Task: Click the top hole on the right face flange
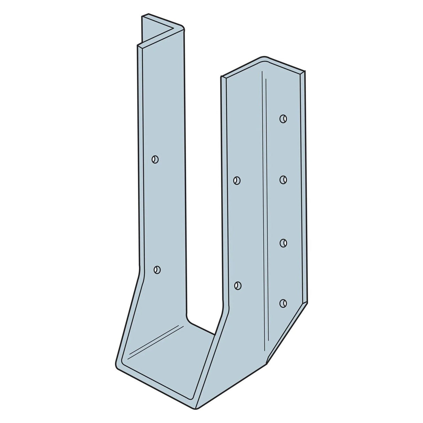283,119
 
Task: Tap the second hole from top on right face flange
283,179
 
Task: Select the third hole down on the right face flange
283,243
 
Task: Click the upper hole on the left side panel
155,159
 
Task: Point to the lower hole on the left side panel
157,270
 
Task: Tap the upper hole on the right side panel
237,180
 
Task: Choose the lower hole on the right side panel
238,286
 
